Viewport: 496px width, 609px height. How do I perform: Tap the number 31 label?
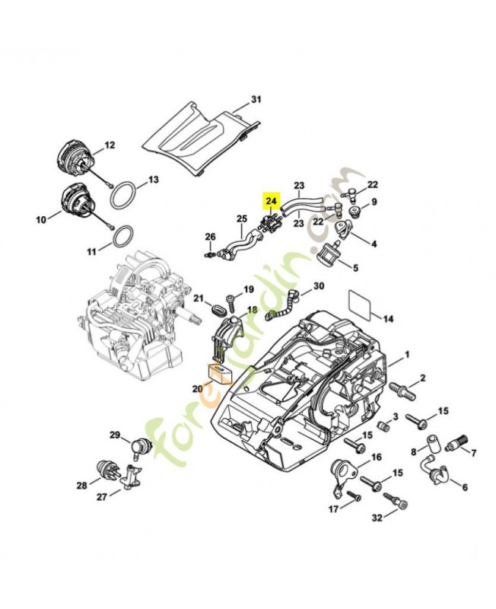tap(256, 100)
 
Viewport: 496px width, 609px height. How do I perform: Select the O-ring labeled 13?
tap(122, 196)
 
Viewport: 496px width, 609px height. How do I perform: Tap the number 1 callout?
tap(407, 354)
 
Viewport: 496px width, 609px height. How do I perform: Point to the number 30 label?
tap(318, 285)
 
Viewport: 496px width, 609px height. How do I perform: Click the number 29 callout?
tap(115, 435)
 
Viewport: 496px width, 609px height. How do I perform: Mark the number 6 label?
tap(465, 487)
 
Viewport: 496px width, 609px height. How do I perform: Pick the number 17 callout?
tap(332, 509)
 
